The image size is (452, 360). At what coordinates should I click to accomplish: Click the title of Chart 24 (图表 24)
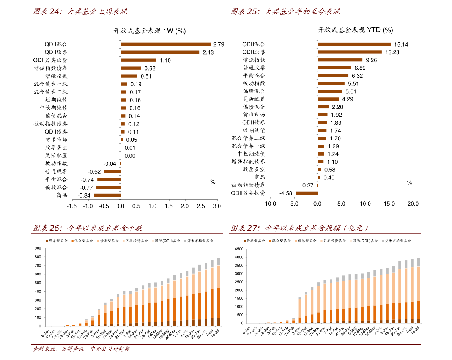point(80,12)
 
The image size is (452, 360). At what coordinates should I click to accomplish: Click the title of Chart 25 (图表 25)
point(285,12)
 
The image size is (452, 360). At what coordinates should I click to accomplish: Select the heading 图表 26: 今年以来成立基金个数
point(88,228)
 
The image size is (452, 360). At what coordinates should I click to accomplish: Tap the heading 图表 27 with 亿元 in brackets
point(300,228)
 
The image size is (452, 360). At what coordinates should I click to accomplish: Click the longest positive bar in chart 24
point(166,44)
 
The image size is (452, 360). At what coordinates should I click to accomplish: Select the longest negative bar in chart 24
point(107,195)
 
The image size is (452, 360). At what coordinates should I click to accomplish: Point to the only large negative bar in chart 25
point(307,193)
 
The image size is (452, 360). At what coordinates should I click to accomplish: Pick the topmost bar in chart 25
point(354,44)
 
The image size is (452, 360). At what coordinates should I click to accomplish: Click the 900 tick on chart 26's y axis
point(38,248)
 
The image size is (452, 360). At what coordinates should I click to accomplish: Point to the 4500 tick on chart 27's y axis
point(238,249)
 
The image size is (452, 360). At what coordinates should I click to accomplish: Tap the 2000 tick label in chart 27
point(238,290)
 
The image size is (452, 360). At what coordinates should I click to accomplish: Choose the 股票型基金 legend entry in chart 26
point(57,241)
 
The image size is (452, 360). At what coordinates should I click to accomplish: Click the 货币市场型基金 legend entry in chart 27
point(396,241)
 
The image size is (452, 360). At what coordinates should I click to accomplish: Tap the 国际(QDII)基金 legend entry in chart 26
point(166,241)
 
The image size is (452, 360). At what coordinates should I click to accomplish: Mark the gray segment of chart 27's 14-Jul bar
point(418,262)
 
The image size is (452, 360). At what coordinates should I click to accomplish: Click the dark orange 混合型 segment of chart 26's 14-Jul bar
point(218,303)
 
